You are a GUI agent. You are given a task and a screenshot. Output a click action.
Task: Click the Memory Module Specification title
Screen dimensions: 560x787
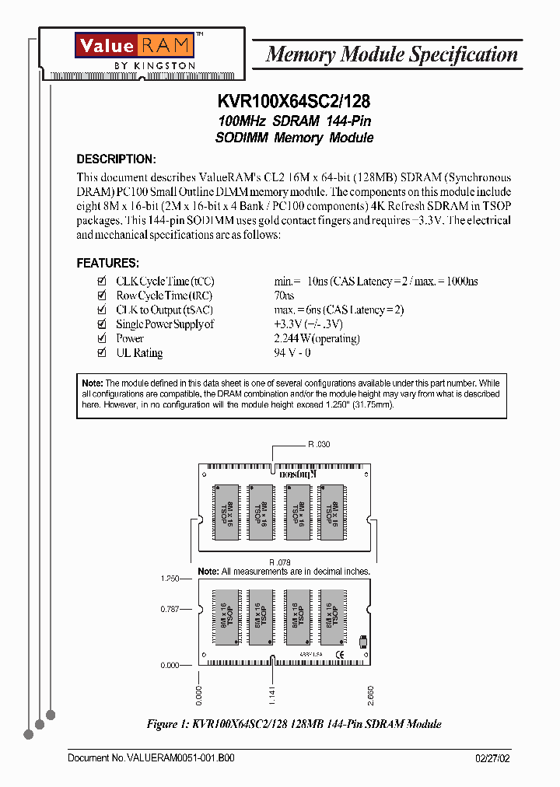[x=391, y=54]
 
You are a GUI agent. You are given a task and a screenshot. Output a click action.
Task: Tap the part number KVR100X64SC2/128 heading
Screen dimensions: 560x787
[x=294, y=102]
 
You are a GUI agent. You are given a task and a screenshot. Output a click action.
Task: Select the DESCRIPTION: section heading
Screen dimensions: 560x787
[x=116, y=159]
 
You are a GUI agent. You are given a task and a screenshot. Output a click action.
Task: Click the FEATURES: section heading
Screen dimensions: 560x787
[x=107, y=263]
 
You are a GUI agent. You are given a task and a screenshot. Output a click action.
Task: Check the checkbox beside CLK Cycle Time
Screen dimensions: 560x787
[x=100, y=281]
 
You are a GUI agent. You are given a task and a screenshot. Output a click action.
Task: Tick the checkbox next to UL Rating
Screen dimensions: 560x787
[x=100, y=352]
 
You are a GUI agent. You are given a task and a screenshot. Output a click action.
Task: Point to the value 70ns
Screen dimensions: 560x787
[x=284, y=296]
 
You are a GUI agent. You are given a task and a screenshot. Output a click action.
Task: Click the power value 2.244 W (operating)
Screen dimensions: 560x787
[x=317, y=338]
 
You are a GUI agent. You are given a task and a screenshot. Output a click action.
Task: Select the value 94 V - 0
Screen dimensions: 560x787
[x=292, y=352]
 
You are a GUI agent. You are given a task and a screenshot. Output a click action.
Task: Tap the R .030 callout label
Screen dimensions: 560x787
[x=319, y=444]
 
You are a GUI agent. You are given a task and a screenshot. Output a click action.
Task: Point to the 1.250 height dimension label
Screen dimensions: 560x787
[x=170, y=579]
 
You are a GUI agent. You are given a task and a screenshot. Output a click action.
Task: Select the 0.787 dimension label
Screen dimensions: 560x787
[x=170, y=609]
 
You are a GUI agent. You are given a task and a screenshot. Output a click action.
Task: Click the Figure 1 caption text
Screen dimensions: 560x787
[x=294, y=724]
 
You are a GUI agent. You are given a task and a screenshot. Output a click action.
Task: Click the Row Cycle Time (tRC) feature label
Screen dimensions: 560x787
[x=164, y=296]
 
